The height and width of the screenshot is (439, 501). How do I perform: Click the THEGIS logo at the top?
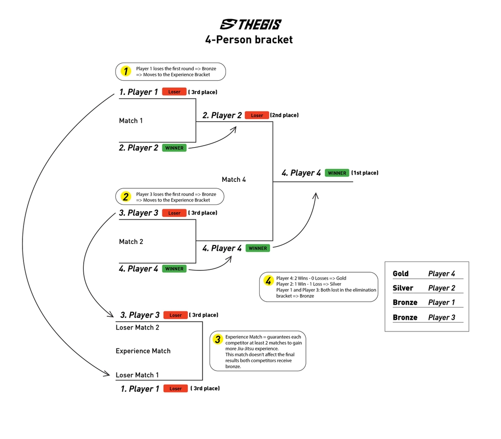pos(250,24)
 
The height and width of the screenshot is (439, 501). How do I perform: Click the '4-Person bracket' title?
pos(249,40)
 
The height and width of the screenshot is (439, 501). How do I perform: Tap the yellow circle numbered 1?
pos(126,71)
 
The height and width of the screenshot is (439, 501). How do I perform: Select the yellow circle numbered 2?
pos(126,197)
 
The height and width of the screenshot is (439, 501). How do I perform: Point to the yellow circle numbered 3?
pos(218,340)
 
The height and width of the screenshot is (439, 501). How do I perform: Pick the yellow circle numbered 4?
pos(268,281)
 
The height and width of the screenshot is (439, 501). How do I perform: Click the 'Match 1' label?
pos(131,121)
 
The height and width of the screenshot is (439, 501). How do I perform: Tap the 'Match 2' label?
pos(131,241)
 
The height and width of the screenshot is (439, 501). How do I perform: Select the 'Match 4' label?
pos(234,179)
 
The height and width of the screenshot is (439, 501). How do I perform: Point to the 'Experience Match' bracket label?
pos(143,351)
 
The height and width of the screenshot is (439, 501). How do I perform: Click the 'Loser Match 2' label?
pos(137,328)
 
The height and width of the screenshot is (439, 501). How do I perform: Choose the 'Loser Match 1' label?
pos(137,375)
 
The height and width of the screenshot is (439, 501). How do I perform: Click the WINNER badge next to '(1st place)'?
pos(337,173)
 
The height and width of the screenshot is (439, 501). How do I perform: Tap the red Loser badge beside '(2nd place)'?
pos(257,115)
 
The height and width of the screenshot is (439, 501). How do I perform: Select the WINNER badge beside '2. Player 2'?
pos(174,148)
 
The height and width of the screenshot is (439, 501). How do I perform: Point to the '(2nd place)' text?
pos(284,115)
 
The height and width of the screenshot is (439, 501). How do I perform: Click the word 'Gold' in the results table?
pos(400,274)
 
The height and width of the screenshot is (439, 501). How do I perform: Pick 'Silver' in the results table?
pos(403,288)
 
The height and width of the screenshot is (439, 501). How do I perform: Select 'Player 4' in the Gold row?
pos(441,274)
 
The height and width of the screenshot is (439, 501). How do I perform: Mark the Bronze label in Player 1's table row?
pos(405,303)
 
